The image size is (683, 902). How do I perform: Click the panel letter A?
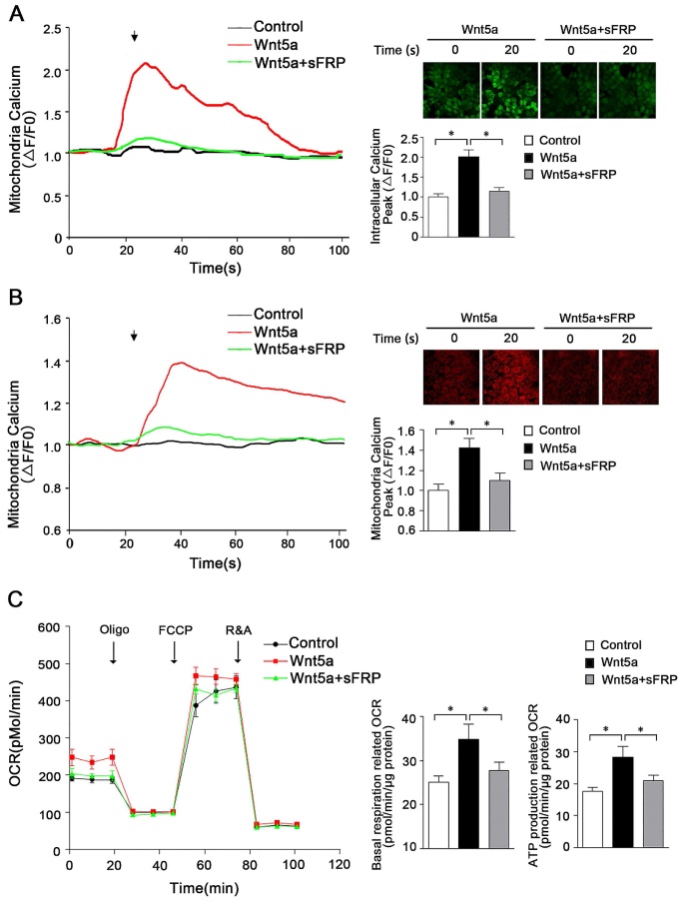[13, 12]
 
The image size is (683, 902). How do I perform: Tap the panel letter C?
[13, 603]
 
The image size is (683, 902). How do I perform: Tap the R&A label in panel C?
[238, 630]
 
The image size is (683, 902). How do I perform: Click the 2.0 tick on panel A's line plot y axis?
[51, 72]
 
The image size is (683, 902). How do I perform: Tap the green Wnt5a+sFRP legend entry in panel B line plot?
[301, 349]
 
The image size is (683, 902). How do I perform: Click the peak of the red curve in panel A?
[147, 63]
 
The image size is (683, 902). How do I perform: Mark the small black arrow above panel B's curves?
[134, 336]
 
